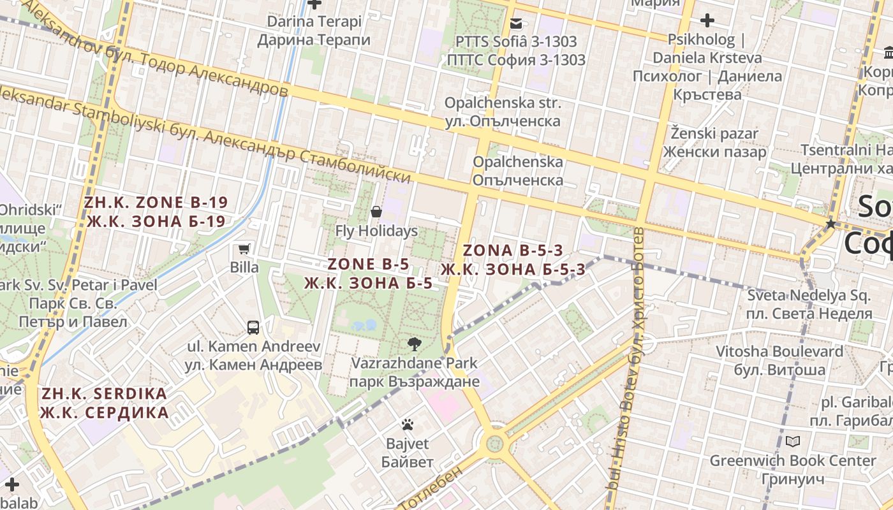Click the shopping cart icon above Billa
(x=244, y=249)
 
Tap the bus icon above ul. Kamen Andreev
(x=253, y=328)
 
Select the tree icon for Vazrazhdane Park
(x=415, y=344)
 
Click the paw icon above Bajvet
(x=408, y=425)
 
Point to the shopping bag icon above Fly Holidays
(x=376, y=212)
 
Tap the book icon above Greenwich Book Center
(x=793, y=441)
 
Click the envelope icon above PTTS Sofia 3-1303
(x=516, y=24)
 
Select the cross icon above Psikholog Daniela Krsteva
(x=707, y=20)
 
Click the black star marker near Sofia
(x=830, y=224)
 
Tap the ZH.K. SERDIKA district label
(x=104, y=403)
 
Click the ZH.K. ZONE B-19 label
(x=156, y=212)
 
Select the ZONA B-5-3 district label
(x=513, y=259)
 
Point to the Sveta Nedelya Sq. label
(x=809, y=304)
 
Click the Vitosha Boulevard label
(x=788, y=360)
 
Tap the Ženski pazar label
(x=714, y=143)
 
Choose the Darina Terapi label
(x=314, y=31)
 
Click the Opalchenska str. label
(x=503, y=112)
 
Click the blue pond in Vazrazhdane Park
(x=364, y=326)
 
